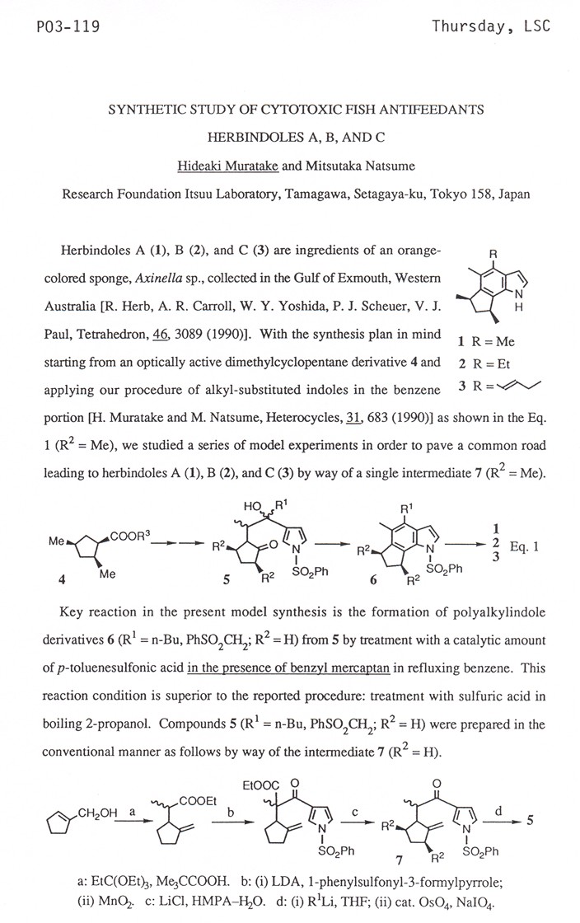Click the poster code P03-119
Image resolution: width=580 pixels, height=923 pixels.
click(57, 28)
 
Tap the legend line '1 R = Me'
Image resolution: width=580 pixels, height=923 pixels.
click(483, 340)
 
